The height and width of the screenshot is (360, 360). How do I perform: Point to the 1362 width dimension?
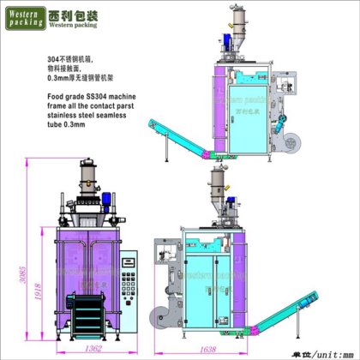click(x=95, y=349)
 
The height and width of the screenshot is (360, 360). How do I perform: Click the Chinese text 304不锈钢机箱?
click(x=72, y=61)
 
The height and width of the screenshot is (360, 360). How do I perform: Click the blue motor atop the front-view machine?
click(x=108, y=202)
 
